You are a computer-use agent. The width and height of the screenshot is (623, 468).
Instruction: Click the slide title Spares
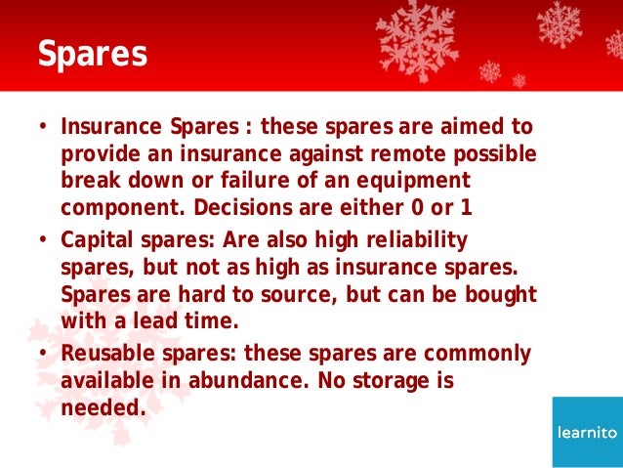click(92, 54)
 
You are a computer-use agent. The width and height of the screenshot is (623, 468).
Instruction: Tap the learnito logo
click(586, 432)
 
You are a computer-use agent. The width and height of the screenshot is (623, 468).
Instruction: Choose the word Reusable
click(104, 354)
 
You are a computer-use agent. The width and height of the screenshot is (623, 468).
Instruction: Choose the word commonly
click(482, 354)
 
